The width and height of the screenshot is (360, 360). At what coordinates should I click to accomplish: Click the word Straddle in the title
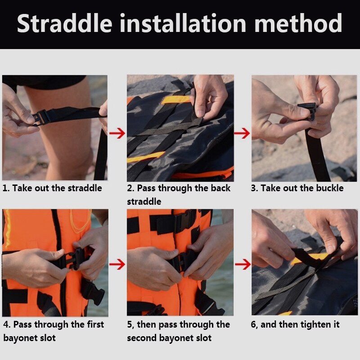tap(65, 23)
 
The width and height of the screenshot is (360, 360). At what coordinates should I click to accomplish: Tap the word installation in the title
tap(183, 23)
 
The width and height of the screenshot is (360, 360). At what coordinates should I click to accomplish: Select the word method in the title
tap(298, 23)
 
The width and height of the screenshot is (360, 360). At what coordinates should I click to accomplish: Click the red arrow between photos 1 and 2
tap(117, 134)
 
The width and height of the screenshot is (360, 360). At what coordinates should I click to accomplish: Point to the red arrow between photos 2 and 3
tap(242, 134)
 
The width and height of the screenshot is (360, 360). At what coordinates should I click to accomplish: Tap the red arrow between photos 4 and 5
tap(117, 264)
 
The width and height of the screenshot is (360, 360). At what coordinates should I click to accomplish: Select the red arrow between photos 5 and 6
tap(243, 264)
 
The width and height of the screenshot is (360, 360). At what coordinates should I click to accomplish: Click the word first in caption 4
tap(95, 324)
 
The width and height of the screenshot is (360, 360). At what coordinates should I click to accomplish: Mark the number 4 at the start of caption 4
tap(6, 324)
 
